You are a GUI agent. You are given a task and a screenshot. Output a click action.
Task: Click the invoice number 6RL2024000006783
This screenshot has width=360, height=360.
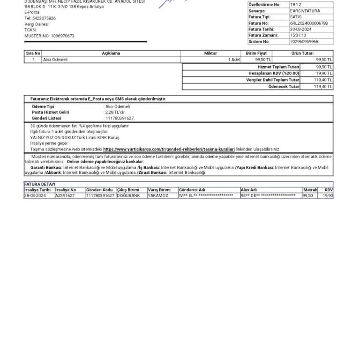309,23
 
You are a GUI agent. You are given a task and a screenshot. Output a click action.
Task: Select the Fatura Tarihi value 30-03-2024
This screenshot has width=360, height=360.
300,29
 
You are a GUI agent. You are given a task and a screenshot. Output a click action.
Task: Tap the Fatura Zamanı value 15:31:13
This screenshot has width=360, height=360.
298,35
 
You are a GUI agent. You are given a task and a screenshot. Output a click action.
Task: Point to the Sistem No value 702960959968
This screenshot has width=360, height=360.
304,41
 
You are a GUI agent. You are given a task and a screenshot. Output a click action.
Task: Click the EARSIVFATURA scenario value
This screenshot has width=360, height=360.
305,11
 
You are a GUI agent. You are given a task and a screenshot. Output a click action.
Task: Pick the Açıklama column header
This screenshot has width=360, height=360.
111,53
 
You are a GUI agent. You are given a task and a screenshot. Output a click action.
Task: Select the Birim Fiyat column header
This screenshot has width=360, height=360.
256,53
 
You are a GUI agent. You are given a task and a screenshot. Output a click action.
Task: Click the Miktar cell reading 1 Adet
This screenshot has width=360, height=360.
234,60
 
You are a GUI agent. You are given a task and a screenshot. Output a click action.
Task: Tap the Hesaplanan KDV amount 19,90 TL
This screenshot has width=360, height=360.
324,74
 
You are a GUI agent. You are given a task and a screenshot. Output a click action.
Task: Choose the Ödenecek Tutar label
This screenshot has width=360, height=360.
284,87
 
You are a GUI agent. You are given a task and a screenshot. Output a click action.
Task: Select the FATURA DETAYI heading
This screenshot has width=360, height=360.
40,184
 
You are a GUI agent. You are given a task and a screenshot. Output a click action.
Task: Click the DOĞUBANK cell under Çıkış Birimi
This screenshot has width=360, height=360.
128,195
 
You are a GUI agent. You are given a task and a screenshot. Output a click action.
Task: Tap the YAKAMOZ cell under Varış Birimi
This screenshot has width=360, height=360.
158,195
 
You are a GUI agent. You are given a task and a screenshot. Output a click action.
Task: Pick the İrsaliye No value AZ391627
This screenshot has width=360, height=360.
65,195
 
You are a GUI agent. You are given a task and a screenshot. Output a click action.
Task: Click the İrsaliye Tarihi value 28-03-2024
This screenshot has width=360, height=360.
35,195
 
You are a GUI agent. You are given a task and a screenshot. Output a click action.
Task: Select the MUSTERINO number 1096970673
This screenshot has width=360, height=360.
62,36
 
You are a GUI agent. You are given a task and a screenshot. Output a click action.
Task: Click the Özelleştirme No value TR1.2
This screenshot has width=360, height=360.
295,5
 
